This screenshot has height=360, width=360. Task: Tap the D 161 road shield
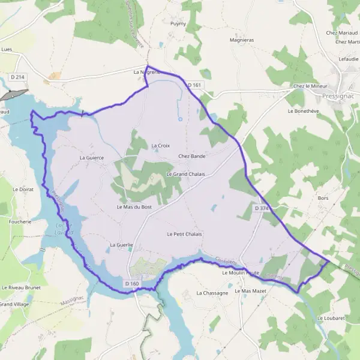[193, 86]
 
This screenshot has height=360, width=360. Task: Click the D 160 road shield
[132, 283]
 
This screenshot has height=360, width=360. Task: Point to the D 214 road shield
[17, 77]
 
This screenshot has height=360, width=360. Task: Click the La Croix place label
[161, 145]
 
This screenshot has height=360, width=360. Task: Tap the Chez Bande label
[192, 156]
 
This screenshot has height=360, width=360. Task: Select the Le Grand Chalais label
[185, 174]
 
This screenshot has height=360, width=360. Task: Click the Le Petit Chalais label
[185, 234]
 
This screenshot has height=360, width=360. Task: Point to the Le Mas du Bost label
[134, 207]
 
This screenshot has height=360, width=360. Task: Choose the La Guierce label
[92, 158]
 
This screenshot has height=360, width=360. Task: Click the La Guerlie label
[121, 245]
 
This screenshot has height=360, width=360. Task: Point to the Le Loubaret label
[332, 318]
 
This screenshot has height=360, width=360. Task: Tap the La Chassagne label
[212, 293]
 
